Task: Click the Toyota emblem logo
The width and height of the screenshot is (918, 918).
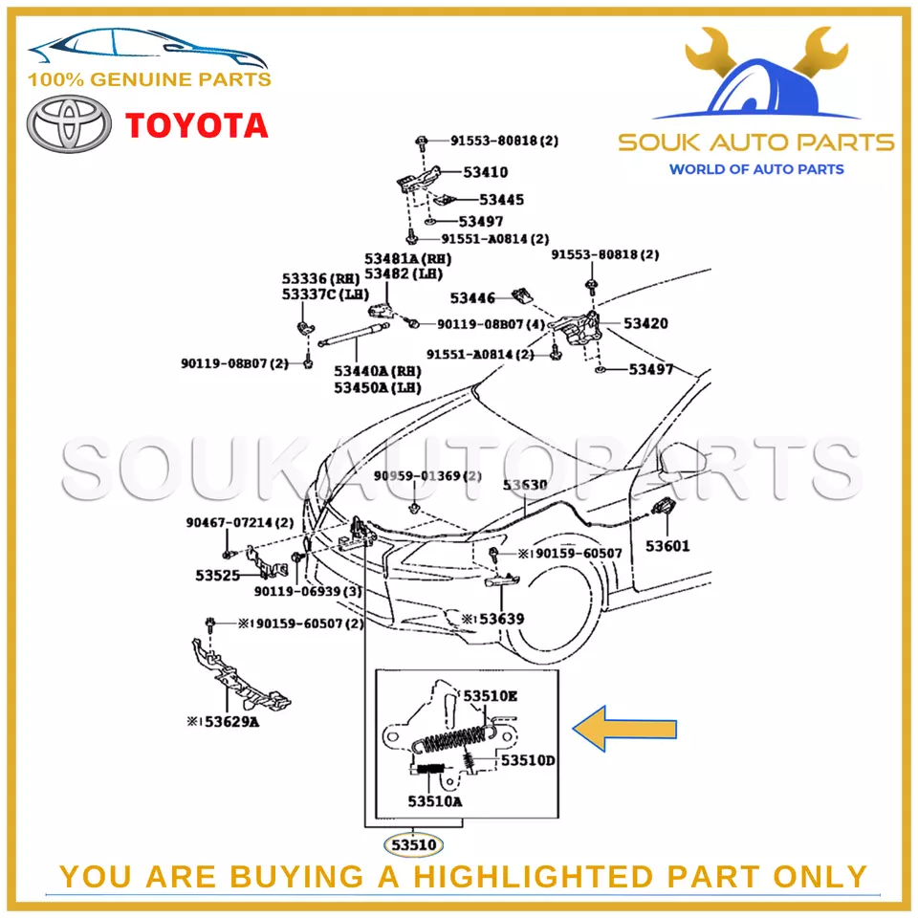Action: (x=65, y=127)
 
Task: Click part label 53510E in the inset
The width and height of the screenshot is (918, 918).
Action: (x=490, y=696)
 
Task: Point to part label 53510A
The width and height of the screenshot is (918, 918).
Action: (x=434, y=801)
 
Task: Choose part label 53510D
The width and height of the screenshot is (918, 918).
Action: (x=528, y=761)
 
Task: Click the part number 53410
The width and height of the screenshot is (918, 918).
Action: (x=486, y=173)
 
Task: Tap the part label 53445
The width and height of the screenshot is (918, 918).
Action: (x=501, y=200)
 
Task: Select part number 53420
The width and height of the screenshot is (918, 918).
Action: (x=645, y=323)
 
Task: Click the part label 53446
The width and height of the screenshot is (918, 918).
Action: (x=472, y=297)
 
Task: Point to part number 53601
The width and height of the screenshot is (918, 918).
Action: (x=667, y=546)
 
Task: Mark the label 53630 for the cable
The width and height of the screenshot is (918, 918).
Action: (x=525, y=485)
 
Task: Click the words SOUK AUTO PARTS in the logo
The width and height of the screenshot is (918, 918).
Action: (x=755, y=143)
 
